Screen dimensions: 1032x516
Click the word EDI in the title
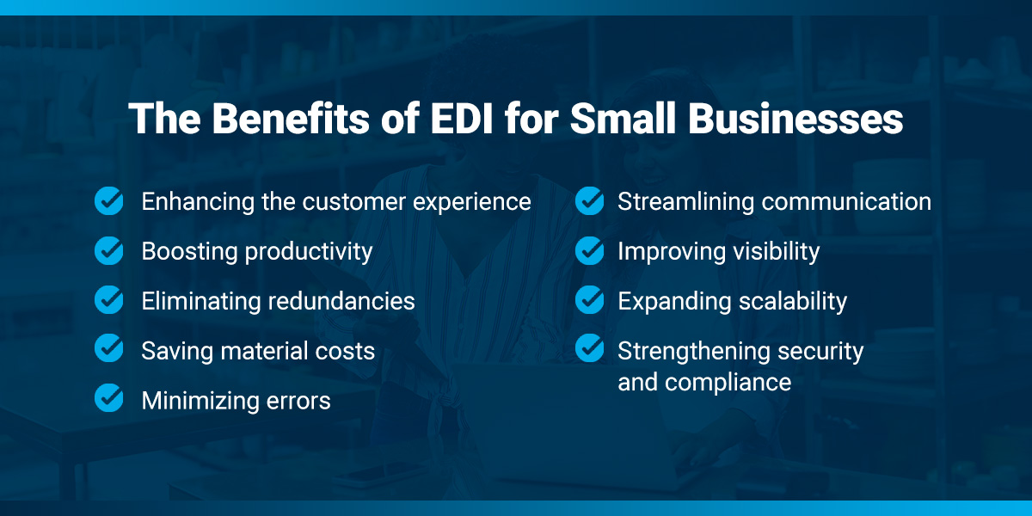click(x=461, y=119)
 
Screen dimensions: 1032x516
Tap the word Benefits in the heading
click(x=291, y=119)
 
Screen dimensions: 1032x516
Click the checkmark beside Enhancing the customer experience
click(x=109, y=201)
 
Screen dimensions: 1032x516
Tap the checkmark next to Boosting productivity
click(x=109, y=250)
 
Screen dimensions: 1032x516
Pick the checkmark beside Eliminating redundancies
click(x=109, y=300)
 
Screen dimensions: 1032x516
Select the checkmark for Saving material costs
click(x=109, y=348)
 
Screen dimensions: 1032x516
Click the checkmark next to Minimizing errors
click(x=109, y=398)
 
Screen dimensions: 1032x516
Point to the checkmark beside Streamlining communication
click(x=590, y=201)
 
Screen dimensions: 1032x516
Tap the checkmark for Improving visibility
click(x=590, y=250)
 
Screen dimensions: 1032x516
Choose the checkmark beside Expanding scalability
click(x=590, y=300)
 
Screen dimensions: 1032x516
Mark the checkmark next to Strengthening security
click(x=590, y=348)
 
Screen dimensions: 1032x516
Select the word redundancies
click(x=341, y=301)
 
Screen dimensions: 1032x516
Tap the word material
click(x=261, y=351)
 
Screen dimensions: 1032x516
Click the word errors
click(x=298, y=402)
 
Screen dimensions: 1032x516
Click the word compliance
click(x=728, y=384)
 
